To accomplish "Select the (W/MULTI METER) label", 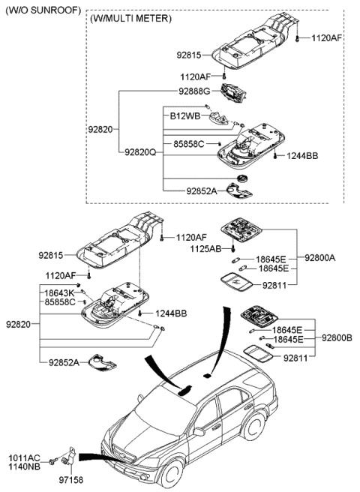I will pyautogui.click(x=130, y=18).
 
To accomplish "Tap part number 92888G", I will pyautogui.click(x=194, y=91).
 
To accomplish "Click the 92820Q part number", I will pyautogui.click(x=142, y=151).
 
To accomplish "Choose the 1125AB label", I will pyautogui.click(x=204, y=248).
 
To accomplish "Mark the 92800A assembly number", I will pyautogui.click(x=320, y=257).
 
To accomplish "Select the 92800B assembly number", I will pyautogui.click(x=337, y=338).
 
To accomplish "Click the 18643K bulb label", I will pyautogui.click(x=59, y=293).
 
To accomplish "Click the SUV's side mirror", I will pyautogui.click(x=199, y=433).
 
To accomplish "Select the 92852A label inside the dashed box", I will pyautogui.click(x=202, y=191).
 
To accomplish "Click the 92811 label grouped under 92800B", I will pyautogui.click(x=295, y=358).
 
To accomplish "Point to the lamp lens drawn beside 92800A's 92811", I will pyautogui.click(x=238, y=281).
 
